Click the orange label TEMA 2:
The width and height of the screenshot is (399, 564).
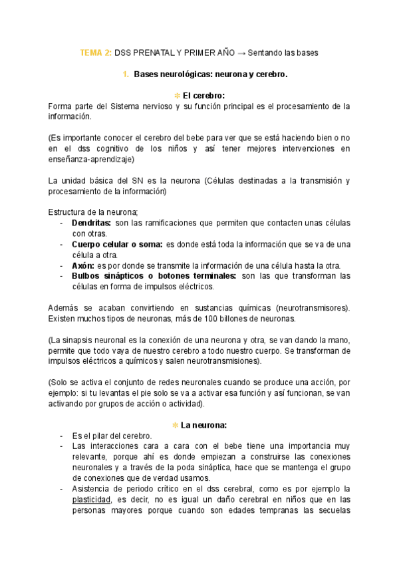[x=96, y=53]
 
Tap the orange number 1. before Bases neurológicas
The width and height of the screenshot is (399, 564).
[x=126, y=75]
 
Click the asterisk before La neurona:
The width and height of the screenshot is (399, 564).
[x=175, y=424]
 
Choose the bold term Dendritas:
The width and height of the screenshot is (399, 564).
[x=91, y=223]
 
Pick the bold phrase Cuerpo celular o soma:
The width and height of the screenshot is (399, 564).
[x=117, y=244]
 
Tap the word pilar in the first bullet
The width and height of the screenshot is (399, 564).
[x=100, y=436]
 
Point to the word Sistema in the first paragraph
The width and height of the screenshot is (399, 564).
[x=130, y=106]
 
